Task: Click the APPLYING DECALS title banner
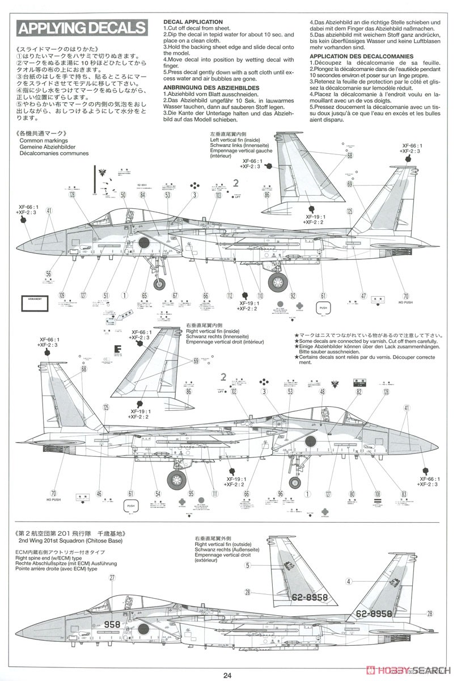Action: click(x=82, y=28)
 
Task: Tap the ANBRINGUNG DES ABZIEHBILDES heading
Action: click(x=211, y=87)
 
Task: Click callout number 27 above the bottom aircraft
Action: click(x=112, y=578)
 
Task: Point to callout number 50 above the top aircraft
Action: click(x=122, y=195)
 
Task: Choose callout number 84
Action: click(x=143, y=195)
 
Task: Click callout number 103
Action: click(x=219, y=195)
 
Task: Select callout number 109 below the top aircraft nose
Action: click(x=62, y=296)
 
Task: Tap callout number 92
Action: click(x=293, y=295)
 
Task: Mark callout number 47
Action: click(x=363, y=296)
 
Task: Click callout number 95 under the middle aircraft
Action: click(x=191, y=493)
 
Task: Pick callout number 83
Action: click(x=404, y=493)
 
